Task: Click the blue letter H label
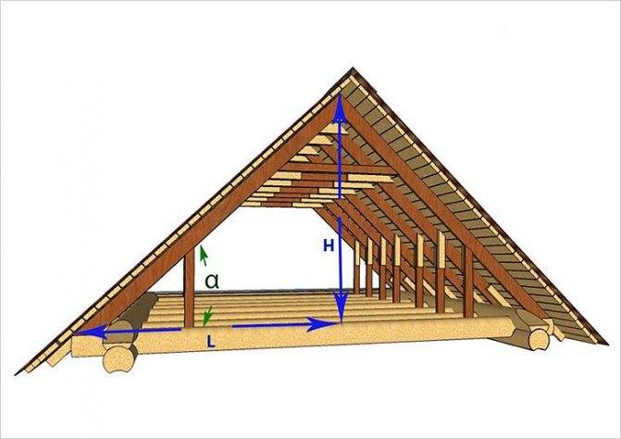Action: [329, 246]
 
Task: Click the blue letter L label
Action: [211, 342]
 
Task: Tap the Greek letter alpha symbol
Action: [212, 281]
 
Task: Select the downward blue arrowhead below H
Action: [341, 306]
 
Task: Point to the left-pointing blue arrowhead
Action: [92, 332]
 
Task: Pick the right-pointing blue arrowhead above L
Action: [321, 324]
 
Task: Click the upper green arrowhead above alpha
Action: [204, 256]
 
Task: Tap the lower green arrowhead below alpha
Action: [207, 316]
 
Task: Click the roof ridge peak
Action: [353, 69]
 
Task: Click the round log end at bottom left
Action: [118, 359]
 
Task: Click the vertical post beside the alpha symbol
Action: [190, 288]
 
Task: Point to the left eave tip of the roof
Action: [16, 374]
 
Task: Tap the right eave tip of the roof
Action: [607, 343]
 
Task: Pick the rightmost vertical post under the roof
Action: [469, 282]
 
